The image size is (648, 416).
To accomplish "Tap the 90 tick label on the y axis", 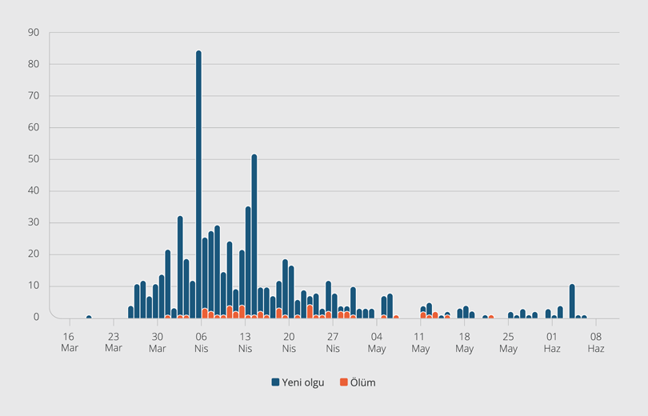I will coord(34,33).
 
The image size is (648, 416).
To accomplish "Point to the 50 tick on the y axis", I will coord(34,159).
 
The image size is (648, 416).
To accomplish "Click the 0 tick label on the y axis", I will coord(36,318).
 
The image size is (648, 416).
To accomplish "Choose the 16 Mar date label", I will coord(69,342).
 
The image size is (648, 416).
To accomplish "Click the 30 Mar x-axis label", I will coord(157,342).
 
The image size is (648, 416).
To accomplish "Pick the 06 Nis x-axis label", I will coord(201,342).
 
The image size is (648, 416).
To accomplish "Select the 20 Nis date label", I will coord(289,342).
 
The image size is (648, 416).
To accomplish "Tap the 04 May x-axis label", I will coord(377,342).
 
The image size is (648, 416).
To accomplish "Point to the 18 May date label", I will coord(464,342).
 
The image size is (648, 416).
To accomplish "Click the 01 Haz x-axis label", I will coord(552,342).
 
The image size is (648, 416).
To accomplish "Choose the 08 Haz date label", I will coord(596,342).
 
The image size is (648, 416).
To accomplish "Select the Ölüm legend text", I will coord(362,382).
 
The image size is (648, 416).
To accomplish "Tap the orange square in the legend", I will coord(343,382).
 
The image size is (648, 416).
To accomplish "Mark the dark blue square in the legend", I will coord(275,382).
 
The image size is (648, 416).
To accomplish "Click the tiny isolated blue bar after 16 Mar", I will coord(89,317).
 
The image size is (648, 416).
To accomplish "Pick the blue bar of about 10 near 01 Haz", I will coord(572,302).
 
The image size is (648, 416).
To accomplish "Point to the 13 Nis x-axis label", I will coord(245,342).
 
